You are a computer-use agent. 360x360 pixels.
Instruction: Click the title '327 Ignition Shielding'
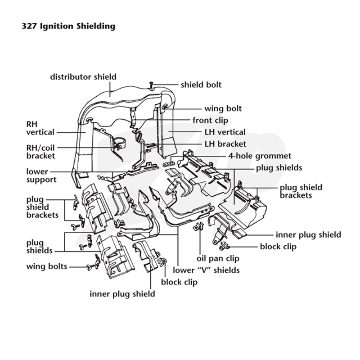coord(68,26)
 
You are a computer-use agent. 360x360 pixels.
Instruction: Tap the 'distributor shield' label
coord(83,76)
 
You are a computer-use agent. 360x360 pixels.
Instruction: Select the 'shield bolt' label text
coord(201,85)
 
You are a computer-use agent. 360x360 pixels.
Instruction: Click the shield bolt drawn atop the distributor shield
coord(151,85)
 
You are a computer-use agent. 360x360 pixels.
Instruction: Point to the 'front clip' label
coord(210,120)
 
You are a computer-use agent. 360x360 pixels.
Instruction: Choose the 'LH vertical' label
coord(225,132)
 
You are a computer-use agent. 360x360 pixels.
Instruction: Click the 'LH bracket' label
coord(225,144)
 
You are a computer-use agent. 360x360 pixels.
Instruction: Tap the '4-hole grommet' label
coord(260,156)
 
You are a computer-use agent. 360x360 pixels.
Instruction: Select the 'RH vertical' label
coord(40,128)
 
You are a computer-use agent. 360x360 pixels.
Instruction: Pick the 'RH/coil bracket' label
coord(40,152)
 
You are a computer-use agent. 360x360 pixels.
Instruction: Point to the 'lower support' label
coord(41,175)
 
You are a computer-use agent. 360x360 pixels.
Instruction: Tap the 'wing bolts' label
coord(47,266)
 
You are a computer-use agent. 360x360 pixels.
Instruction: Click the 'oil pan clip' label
coord(218,258)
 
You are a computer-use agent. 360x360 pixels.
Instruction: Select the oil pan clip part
coord(198,227)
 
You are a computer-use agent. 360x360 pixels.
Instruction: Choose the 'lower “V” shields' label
coord(206,270)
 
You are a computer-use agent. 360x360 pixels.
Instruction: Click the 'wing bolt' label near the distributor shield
coord(223,108)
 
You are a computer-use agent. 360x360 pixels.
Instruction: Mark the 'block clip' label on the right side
coord(278,247)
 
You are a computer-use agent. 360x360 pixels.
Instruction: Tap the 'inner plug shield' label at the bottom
coord(122,294)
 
